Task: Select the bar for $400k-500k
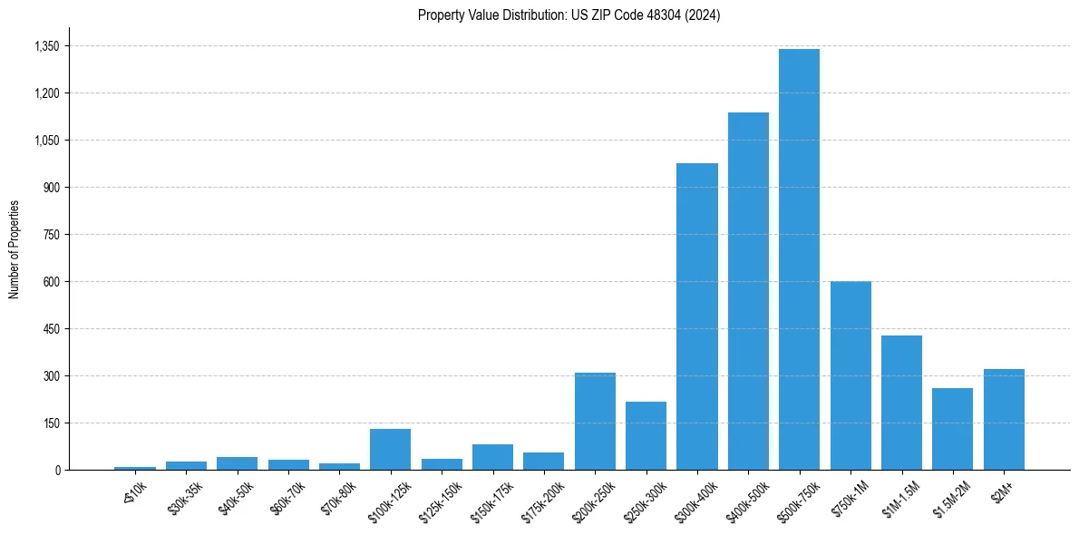tap(748, 291)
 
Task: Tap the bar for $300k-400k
tap(697, 316)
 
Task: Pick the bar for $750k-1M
tap(851, 375)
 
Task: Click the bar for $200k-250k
tap(595, 421)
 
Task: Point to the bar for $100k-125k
tap(390, 449)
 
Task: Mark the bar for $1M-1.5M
tap(901, 403)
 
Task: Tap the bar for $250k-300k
tap(646, 435)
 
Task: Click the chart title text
tap(569, 15)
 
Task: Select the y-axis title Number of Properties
tap(15, 249)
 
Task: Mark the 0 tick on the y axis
tap(57, 471)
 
